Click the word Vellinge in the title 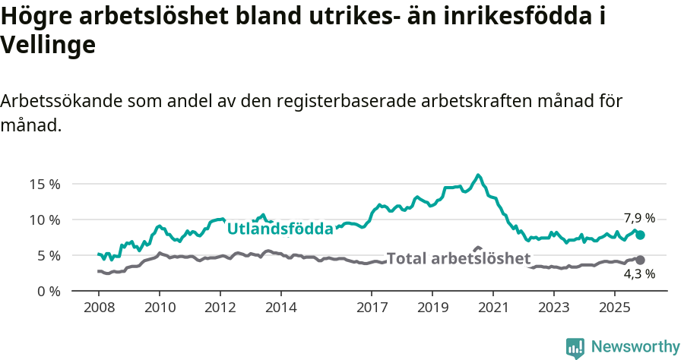point(48,46)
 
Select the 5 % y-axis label point(49,255)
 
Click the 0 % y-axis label point(49,291)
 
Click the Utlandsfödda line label point(280,229)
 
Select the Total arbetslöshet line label point(458,258)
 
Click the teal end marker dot point(640,235)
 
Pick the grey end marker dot point(640,261)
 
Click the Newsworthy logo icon point(575,347)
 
